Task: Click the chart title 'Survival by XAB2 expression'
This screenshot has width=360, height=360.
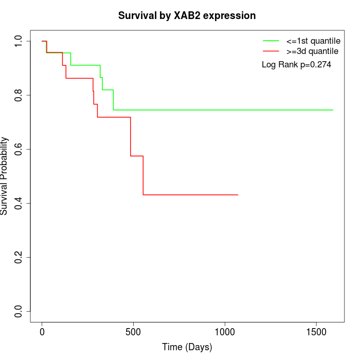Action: click(x=187, y=15)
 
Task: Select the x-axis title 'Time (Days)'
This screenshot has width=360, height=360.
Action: click(x=187, y=347)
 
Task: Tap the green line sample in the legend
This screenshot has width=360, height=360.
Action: click(x=271, y=41)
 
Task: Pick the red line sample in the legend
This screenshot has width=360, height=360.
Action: click(x=271, y=51)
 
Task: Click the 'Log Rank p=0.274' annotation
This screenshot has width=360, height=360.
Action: click(x=296, y=65)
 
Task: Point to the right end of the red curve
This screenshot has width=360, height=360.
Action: click(x=238, y=194)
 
